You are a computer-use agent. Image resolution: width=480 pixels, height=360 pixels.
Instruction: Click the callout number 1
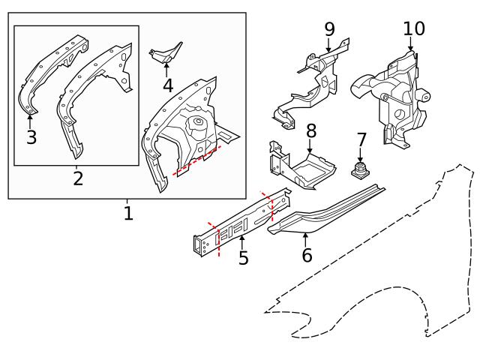coord(128,214)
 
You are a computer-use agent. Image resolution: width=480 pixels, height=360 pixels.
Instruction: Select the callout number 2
coord(77,178)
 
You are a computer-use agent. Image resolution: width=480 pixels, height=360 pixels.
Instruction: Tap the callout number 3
coord(31,137)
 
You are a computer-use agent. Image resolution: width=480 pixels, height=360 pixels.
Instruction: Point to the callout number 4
coord(168,85)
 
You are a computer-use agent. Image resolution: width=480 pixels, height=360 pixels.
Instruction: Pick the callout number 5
coord(243,259)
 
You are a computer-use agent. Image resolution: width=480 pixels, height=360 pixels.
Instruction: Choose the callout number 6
coord(306,255)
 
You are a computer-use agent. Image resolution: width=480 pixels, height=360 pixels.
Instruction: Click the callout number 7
coord(361,140)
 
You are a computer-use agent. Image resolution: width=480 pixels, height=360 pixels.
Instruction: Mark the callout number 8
coord(310,130)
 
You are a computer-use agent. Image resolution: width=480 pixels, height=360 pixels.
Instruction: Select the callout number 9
coord(329,29)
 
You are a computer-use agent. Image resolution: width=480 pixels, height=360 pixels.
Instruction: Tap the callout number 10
coord(413,29)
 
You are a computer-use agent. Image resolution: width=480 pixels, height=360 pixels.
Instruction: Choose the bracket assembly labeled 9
coord(311,86)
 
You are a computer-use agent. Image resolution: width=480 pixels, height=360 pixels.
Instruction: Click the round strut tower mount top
coord(198,121)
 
